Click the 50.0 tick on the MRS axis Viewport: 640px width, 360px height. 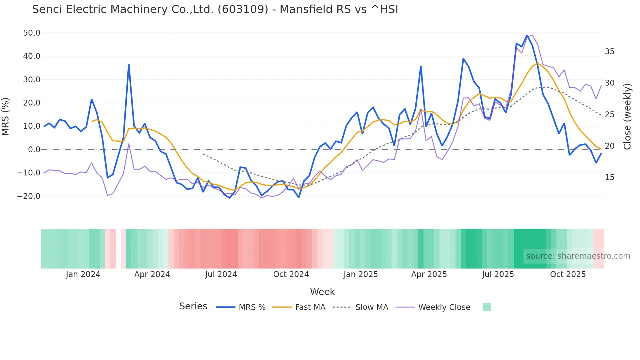coord(31,33)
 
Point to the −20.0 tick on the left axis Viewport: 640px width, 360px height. coord(29,196)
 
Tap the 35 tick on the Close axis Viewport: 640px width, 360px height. coord(609,52)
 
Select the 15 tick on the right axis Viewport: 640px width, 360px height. coord(609,177)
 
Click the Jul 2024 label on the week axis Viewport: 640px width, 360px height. coord(221,274)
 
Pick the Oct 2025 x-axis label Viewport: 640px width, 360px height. coord(568,274)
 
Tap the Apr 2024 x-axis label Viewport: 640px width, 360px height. coord(152,274)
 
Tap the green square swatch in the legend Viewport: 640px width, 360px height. coord(487,307)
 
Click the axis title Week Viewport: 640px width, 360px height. coord(322,292)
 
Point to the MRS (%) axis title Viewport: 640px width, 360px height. coord(6,117)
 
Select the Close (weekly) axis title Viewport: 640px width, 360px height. coord(627,117)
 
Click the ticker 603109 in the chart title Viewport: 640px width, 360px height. coord(243,9)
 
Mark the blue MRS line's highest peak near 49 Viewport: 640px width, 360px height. coord(527,35)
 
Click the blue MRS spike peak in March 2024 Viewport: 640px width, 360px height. coord(129,65)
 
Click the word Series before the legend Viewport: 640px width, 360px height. coord(193,306)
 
